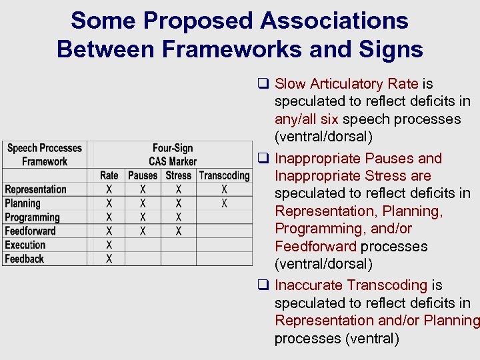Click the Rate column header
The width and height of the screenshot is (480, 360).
point(109,175)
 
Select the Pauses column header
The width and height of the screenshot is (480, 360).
point(143,175)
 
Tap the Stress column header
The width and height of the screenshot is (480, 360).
point(178,175)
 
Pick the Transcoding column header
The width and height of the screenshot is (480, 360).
point(224,175)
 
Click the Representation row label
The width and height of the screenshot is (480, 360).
point(35,189)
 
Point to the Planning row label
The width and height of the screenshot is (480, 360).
point(23,203)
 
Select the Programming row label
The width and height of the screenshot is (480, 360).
point(32,217)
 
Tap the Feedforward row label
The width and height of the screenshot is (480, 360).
point(30,231)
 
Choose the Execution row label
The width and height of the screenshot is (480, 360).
point(25,245)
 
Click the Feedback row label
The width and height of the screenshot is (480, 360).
point(25,259)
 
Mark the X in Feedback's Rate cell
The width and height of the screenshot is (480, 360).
point(109,259)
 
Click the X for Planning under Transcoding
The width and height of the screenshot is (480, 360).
point(224,203)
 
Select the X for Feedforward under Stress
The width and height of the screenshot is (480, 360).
point(178,231)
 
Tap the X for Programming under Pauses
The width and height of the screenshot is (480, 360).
point(143,217)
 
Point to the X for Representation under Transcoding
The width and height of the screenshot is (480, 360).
point(224,189)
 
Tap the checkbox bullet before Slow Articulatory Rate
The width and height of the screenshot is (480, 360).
point(263,84)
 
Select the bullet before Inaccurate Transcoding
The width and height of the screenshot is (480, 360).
point(263,286)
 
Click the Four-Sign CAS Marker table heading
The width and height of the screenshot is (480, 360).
point(173,155)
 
